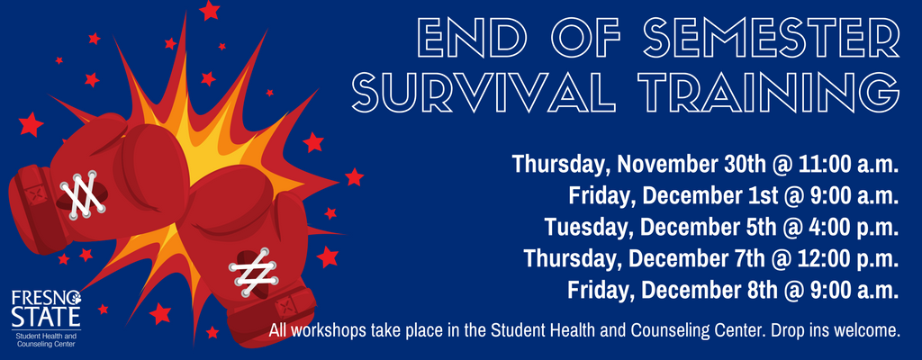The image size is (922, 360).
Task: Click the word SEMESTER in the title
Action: click(x=772, y=38)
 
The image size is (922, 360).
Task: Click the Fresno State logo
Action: click(x=47, y=317)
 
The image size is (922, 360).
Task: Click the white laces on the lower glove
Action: click(x=253, y=271)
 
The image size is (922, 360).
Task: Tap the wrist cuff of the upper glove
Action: click(x=35, y=210)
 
